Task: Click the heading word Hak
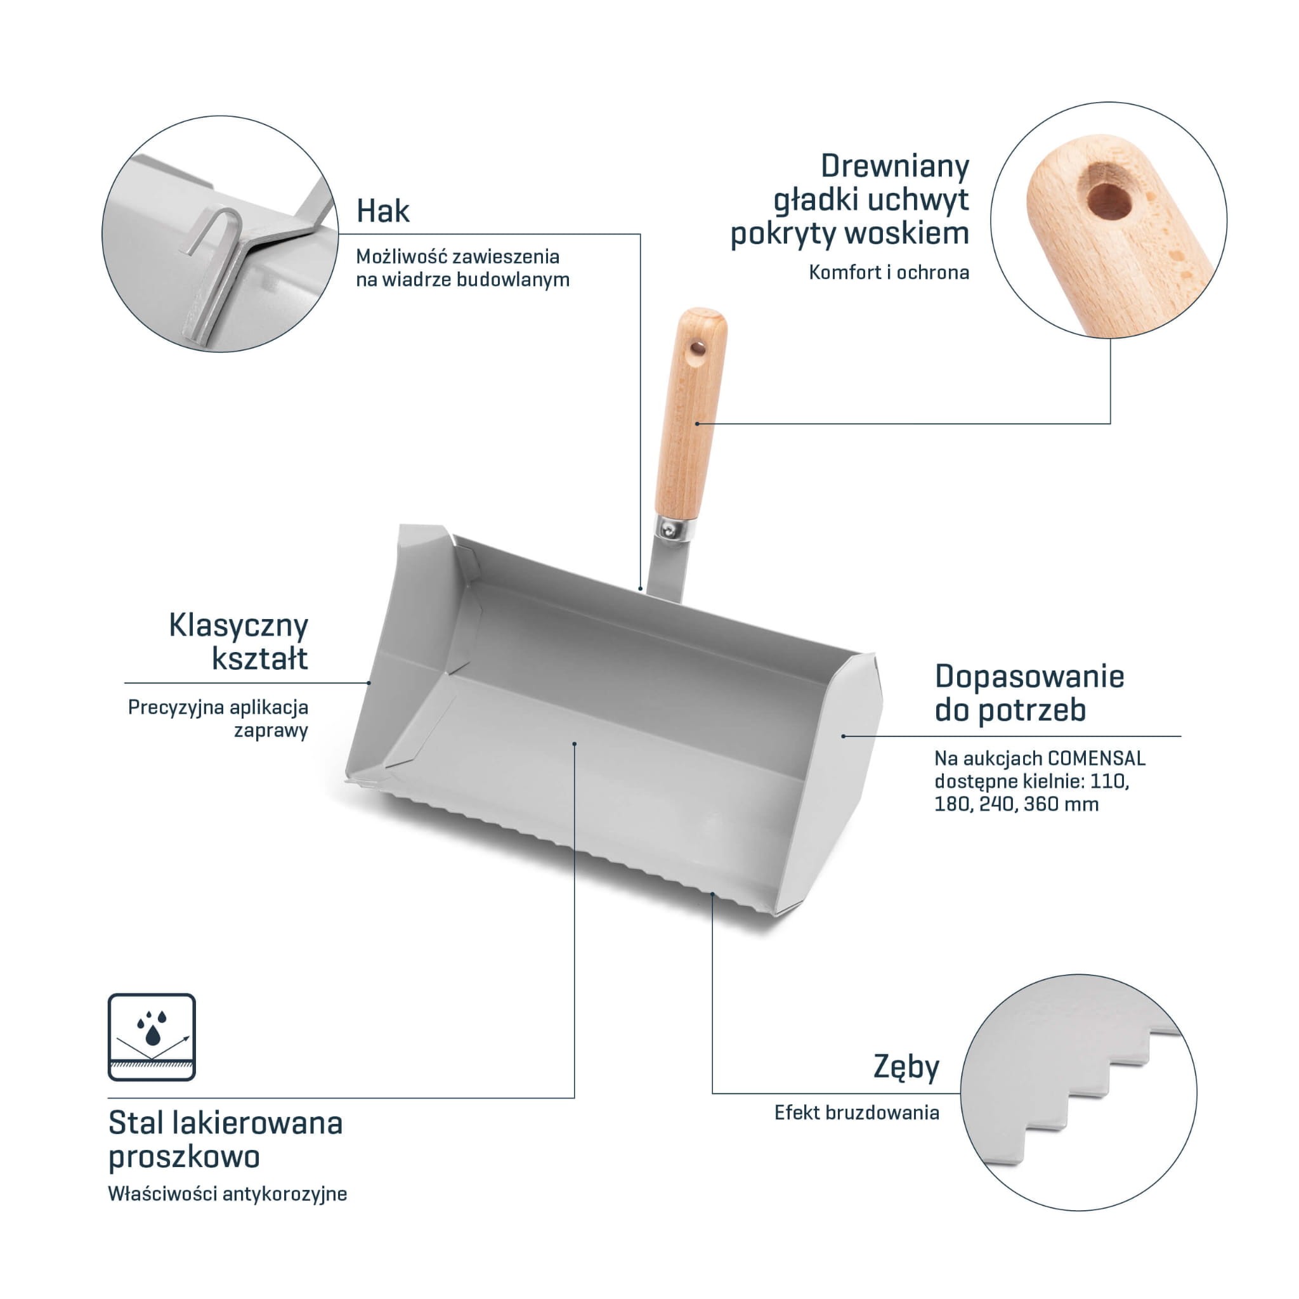tap(382, 211)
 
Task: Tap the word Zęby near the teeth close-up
tap(906, 1067)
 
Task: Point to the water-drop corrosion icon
tap(152, 1037)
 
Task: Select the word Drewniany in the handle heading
tap(895, 166)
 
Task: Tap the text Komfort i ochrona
tap(889, 272)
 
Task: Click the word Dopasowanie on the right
tap(1029, 676)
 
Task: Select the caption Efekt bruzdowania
tap(856, 1113)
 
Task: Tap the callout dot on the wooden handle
tap(697, 423)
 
